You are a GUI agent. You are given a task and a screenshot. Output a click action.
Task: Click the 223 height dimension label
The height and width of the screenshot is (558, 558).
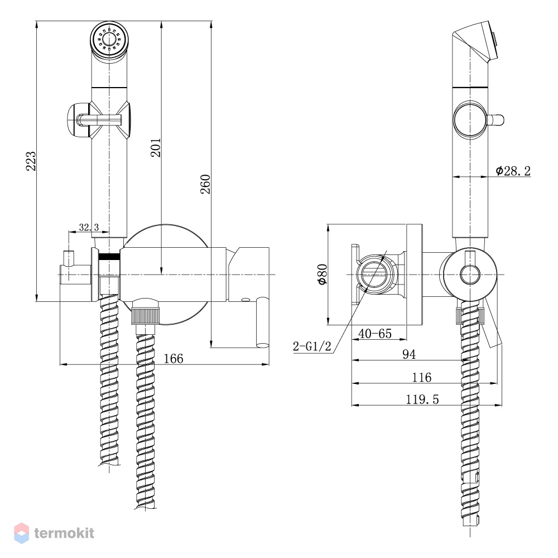31,161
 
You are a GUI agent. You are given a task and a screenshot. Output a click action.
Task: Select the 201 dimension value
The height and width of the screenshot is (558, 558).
156,148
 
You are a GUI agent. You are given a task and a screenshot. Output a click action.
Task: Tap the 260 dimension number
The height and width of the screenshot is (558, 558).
206,184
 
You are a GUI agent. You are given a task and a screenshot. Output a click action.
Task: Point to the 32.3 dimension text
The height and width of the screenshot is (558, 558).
89,227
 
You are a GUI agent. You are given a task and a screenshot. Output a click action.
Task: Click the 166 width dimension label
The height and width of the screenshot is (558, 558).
174,358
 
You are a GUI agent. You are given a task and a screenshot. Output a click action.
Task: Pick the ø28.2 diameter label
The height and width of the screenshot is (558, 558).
513,171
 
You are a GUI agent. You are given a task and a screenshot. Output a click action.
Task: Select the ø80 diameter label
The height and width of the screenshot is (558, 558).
323,274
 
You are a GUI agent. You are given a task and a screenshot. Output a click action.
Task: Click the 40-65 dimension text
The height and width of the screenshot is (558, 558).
375,334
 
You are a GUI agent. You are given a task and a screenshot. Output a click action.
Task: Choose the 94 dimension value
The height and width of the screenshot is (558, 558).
409,354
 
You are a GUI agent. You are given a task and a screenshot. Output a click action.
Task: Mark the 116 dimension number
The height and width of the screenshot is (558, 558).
422,377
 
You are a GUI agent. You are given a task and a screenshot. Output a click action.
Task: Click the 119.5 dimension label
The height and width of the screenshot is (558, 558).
422,400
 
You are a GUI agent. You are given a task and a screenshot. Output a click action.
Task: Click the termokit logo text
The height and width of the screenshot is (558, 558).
64,533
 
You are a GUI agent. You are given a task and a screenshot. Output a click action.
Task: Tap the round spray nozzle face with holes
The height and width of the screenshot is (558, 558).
109,39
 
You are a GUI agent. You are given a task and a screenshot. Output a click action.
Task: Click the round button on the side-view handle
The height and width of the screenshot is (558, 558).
469,119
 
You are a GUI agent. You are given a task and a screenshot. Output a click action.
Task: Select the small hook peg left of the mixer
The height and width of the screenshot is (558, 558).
68,258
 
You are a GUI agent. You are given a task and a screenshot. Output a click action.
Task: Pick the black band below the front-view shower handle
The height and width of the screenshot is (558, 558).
109,256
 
